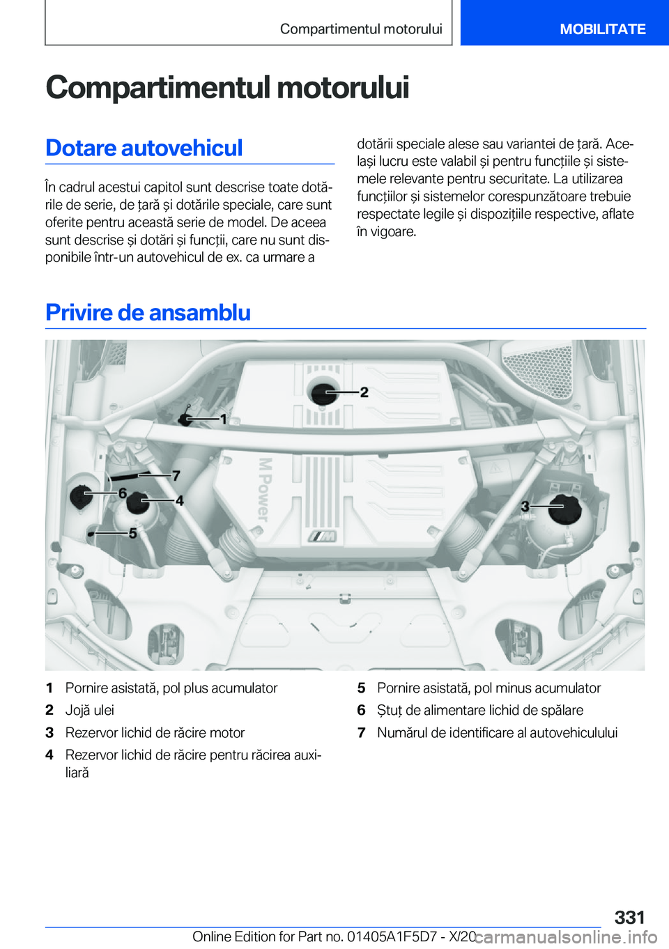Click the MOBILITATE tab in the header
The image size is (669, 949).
602,29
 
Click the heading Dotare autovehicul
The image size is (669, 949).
144,148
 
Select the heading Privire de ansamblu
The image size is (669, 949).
148,312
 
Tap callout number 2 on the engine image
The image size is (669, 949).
364,392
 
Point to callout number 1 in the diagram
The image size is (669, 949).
223,419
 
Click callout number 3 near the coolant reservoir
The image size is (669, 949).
525,507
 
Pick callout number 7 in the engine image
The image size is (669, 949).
176,475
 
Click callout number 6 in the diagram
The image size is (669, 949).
123,493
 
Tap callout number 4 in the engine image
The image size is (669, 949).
179,500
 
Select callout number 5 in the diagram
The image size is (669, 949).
132,533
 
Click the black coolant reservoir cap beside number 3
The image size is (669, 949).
564,509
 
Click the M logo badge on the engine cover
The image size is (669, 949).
323,536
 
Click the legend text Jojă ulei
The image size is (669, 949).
89,710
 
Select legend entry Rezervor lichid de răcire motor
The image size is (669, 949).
155,732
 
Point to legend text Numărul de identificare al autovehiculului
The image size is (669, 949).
497,732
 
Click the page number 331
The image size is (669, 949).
629,917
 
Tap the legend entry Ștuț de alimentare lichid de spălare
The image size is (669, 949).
480,710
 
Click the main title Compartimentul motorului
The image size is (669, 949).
227,88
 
